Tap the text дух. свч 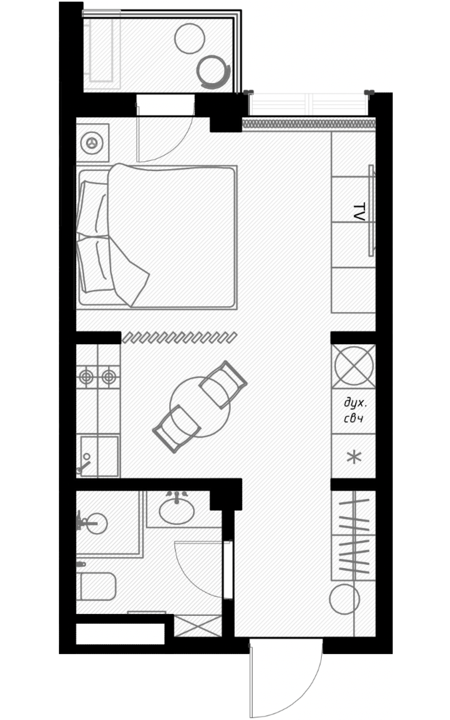355,410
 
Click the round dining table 200,407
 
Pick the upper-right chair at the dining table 223,384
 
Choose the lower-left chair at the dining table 177,429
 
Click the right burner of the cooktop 109,376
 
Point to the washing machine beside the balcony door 92,143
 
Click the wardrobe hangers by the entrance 354,535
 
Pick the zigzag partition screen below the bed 179,337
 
